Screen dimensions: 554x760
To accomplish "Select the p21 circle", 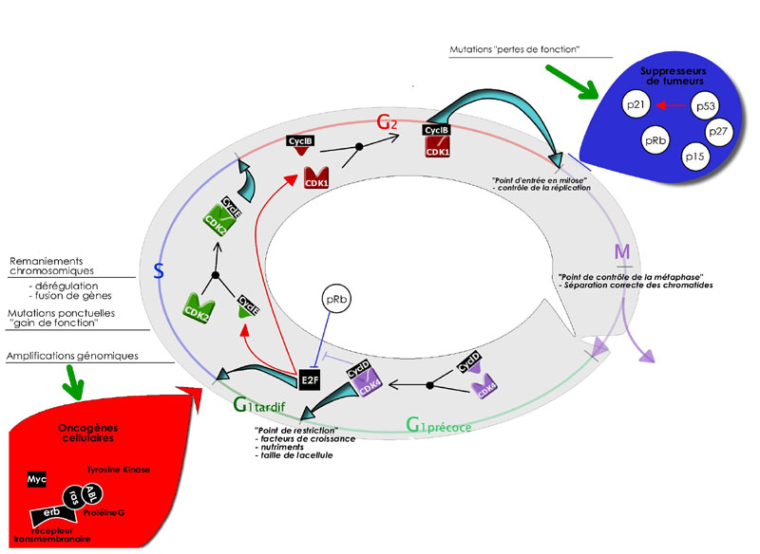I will pos(636,106).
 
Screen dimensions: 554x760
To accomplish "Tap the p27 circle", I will pos(719,134).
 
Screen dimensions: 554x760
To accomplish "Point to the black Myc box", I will pos(37,480).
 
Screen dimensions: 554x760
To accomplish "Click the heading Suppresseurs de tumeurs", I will pos(675,75).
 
